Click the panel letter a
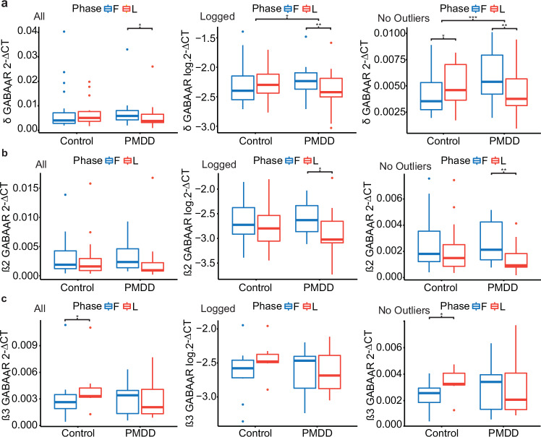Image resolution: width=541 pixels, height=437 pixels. click(x=5, y=5)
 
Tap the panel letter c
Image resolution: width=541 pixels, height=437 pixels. click(x=5, y=298)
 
